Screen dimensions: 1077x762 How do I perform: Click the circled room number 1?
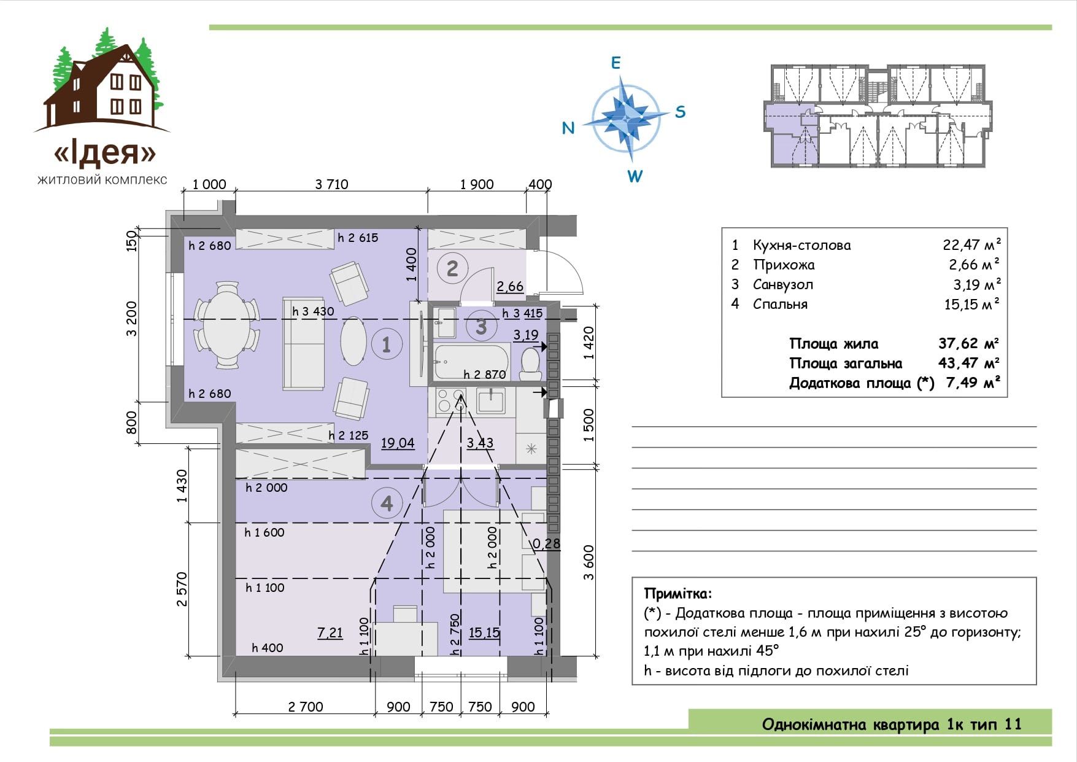pyautogui.click(x=387, y=344)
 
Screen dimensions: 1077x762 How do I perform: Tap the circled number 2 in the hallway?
pyautogui.click(x=452, y=268)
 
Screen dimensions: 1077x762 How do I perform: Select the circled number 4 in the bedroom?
pyautogui.click(x=387, y=503)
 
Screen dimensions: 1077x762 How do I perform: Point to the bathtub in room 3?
pyautogui.click(x=471, y=362)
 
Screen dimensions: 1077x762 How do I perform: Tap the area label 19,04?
pyautogui.click(x=398, y=443)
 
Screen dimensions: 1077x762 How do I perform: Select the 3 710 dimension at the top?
pyautogui.click(x=331, y=184)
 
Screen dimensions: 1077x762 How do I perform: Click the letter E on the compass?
pyautogui.click(x=616, y=63)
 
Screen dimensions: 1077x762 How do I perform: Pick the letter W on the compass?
pyautogui.click(x=635, y=176)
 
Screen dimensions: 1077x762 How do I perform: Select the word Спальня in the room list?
pyautogui.click(x=780, y=304)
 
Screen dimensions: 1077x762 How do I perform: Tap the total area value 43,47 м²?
pyautogui.click(x=969, y=363)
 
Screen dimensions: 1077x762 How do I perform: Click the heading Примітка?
pyautogui.click(x=678, y=594)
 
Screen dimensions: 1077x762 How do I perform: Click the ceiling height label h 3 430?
pyautogui.click(x=313, y=312)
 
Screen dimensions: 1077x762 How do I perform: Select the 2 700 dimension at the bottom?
pyautogui.click(x=306, y=707)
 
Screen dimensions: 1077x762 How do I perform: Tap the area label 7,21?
pyautogui.click(x=330, y=632)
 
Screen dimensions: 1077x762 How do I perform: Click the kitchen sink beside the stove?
pyautogui.click(x=491, y=400)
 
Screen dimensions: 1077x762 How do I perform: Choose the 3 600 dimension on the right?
pyautogui.click(x=589, y=562)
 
